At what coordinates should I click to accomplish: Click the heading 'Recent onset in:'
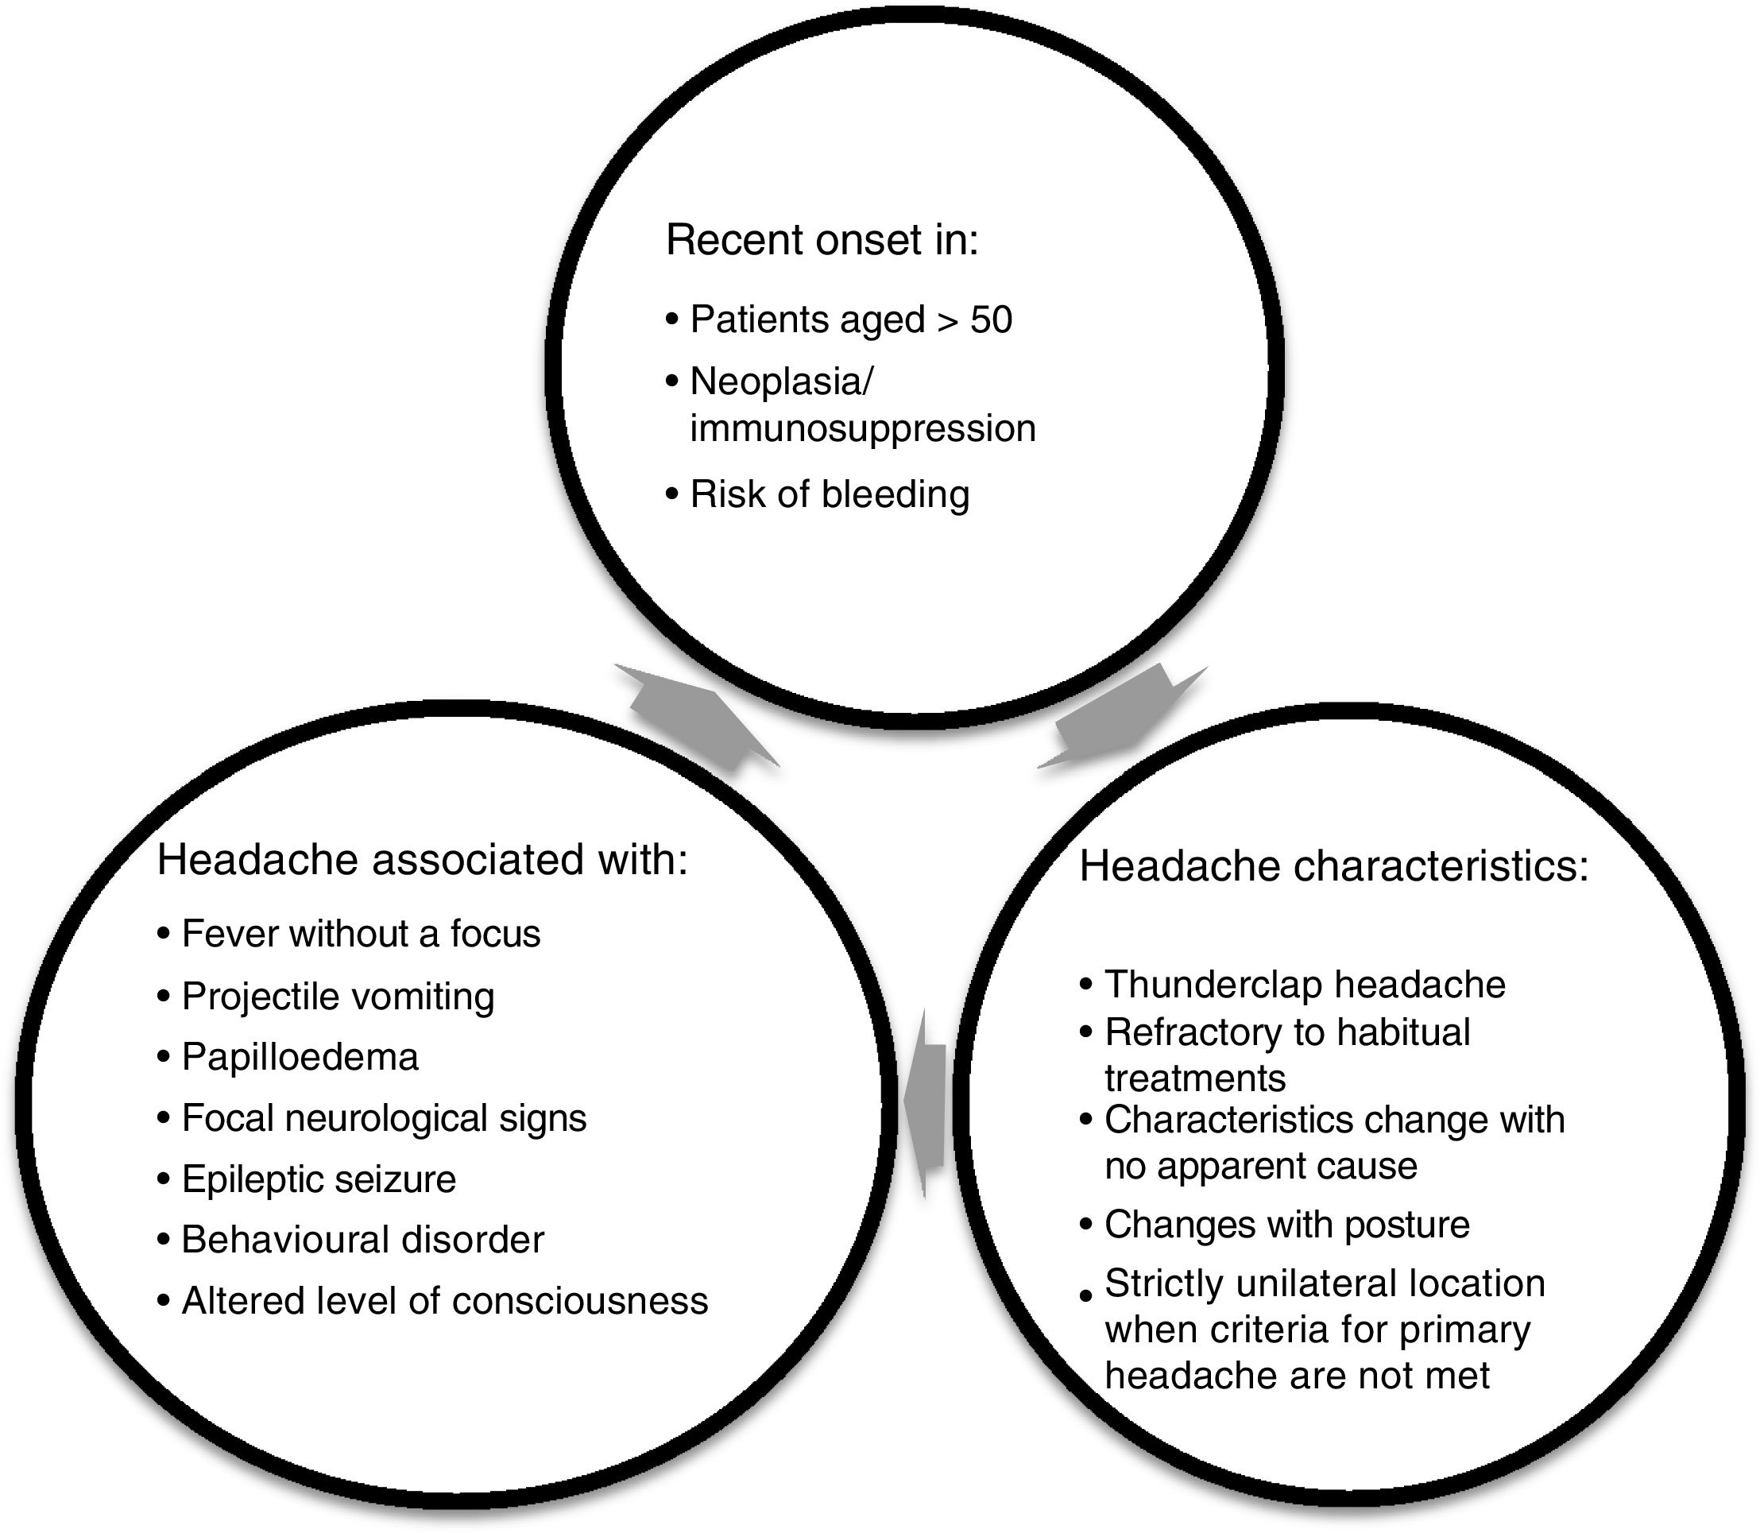[x=821, y=240]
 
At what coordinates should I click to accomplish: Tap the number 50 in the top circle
[x=991, y=320]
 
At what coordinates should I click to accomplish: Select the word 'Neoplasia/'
[x=781, y=381]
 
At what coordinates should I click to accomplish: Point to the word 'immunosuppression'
[x=862, y=428]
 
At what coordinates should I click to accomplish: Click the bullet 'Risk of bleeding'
[x=829, y=494]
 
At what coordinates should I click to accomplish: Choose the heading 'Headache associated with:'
[x=423, y=860]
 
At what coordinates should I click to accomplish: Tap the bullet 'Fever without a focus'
[x=360, y=933]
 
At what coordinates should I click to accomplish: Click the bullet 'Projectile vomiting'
[x=337, y=997]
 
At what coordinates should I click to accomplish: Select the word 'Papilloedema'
[x=300, y=1057]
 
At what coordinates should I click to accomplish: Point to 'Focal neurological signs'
[x=384, y=1118]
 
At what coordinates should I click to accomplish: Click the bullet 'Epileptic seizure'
[x=318, y=1179]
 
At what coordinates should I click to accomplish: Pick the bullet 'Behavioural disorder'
[x=362, y=1241]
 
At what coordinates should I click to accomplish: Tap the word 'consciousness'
[x=580, y=1301]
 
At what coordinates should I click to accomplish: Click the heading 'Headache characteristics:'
[x=1334, y=866]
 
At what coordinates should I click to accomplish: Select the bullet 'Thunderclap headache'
[x=1304, y=985]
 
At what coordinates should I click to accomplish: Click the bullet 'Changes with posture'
[x=1286, y=1224]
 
